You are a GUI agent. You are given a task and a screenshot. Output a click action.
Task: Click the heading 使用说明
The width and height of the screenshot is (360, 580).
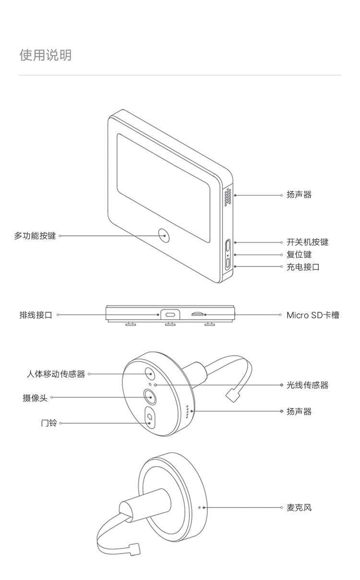(45, 55)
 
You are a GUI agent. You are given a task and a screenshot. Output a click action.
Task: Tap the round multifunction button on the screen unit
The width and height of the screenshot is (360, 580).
(164, 235)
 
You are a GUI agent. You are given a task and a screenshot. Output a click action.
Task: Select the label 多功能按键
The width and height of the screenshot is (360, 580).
(35, 236)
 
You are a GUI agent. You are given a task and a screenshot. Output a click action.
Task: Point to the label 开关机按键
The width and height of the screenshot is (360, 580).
(307, 242)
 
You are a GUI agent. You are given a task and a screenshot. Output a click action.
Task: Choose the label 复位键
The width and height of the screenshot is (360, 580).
(299, 254)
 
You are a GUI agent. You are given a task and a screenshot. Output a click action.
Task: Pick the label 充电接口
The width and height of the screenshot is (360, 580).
(303, 267)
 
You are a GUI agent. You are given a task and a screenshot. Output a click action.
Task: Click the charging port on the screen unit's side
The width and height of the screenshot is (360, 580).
(228, 263)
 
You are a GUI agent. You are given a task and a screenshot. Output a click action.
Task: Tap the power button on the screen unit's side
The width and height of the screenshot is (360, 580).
(228, 245)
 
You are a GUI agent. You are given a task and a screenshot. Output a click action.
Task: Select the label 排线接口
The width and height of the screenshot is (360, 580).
(36, 315)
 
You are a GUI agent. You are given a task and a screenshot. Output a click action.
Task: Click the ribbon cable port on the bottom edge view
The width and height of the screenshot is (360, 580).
(170, 315)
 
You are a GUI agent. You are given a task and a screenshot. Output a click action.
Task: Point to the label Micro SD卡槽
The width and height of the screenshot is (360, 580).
(312, 315)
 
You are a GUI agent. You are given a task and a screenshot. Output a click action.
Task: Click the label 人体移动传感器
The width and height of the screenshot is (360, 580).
(56, 374)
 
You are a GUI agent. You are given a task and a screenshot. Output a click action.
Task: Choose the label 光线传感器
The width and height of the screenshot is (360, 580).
(307, 385)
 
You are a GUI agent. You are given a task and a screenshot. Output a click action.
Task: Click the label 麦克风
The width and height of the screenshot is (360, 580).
(299, 507)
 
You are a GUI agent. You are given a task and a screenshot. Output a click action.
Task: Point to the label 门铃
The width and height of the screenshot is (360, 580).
(49, 423)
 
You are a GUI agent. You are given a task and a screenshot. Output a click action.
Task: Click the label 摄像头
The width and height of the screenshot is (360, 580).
(35, 398)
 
